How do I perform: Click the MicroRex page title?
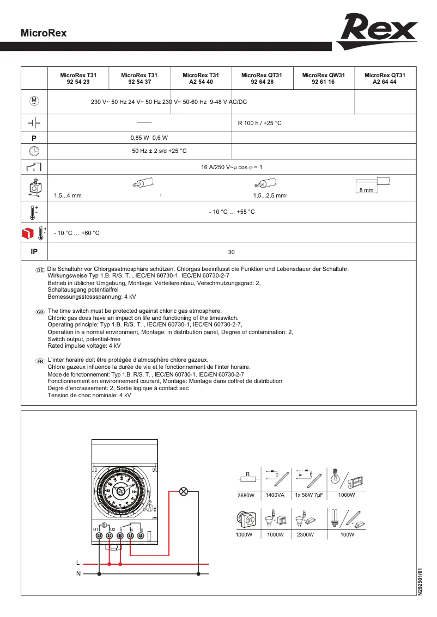tap(44, 33)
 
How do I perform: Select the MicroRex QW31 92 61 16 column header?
tap(324, 78)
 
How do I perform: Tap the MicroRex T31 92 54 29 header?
tap(78, 78)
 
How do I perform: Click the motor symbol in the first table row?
tap(34, 101)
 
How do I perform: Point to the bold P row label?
tap(34, 138)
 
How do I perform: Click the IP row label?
tap(34, 252)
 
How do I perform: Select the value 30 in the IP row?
tap(231, 252)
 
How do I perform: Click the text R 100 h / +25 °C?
tap(260, 124)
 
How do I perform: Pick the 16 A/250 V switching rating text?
tap(232, 168)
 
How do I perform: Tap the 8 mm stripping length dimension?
tap(366, 190)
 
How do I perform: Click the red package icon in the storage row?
tap(27, 233)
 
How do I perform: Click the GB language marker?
tap(40, 312)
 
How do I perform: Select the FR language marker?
tap(40, 361)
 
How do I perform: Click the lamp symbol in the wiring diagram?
tap(184, 492)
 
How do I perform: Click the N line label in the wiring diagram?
tap(78, 573)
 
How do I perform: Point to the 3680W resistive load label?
tap(246, 496)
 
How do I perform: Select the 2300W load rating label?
tap(306, 535)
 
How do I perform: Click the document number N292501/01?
tap(420, 582)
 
